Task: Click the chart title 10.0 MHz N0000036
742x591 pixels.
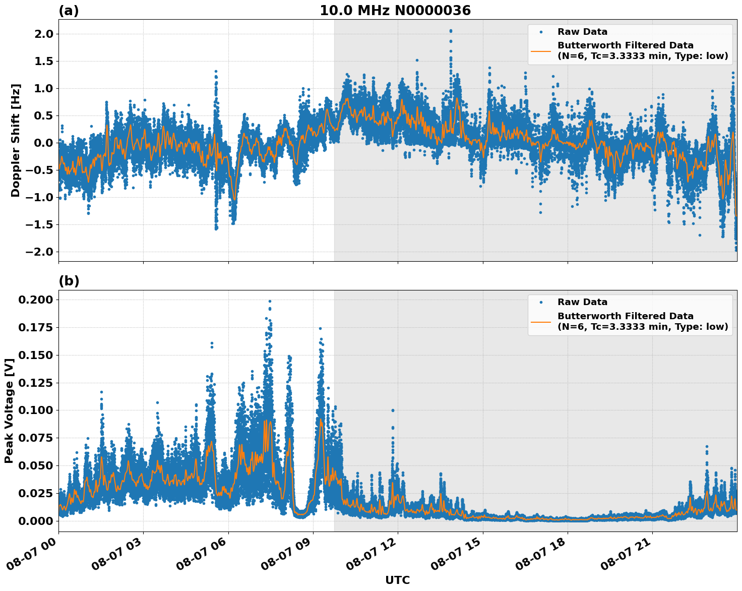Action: coord(395,11)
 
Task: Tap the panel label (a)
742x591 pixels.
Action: coord(69,11)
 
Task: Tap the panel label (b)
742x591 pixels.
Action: coord(69,281)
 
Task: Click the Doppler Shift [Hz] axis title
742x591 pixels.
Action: coord(16,140)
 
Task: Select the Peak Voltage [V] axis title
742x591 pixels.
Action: coord(9,410)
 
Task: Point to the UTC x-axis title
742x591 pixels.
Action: coord(397,580)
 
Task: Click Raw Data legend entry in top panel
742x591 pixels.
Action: coord(582,32)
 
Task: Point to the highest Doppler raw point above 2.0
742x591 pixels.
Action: coord(451,31)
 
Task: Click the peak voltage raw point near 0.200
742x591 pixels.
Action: coord(270,302)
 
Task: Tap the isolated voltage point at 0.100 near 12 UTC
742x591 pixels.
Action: coord(393,410)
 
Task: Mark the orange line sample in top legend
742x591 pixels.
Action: coord(541,50)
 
